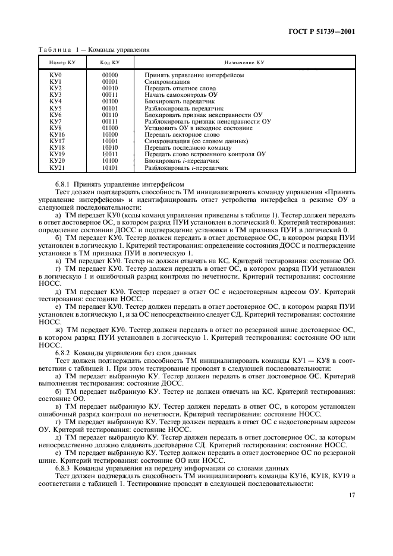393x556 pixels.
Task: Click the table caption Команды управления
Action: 118,50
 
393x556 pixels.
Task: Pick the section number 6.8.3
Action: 63,467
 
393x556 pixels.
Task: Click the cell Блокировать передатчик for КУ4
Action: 180,101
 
